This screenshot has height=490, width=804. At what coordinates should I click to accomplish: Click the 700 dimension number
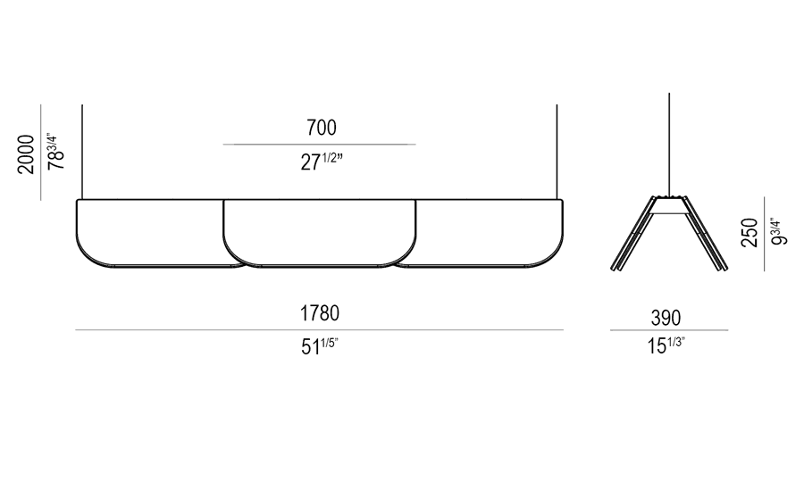pos(322,128)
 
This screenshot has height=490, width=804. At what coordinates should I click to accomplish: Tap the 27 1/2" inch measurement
pos(322,162)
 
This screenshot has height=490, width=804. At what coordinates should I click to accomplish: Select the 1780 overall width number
pos(320,313)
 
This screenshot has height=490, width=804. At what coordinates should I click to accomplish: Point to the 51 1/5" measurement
pos(320,346)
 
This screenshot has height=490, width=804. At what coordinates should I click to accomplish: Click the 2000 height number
pos(26,154)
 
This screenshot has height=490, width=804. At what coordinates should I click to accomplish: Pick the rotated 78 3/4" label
pos(55,152)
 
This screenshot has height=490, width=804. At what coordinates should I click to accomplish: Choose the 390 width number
pos(666,318)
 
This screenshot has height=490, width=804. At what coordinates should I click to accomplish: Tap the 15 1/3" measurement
pos(666,345)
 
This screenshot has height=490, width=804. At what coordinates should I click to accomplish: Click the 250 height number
pos(750,233)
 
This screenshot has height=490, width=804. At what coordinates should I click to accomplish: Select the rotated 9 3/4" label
pos(779,232)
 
